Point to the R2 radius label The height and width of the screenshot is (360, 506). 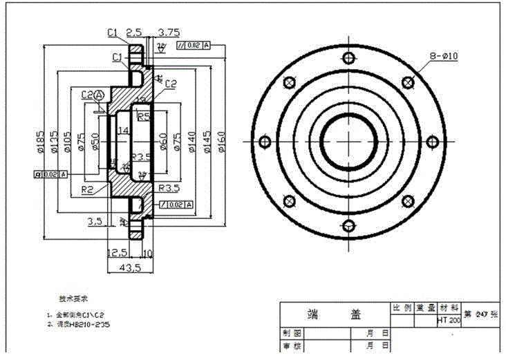pos(88,189)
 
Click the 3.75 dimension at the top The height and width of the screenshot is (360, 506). pos(169,32)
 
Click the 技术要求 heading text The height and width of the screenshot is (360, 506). pos(73,300)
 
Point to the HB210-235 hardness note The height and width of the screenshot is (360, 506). pos(82,323)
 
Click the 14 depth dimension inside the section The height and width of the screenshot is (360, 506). pos(124,130)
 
